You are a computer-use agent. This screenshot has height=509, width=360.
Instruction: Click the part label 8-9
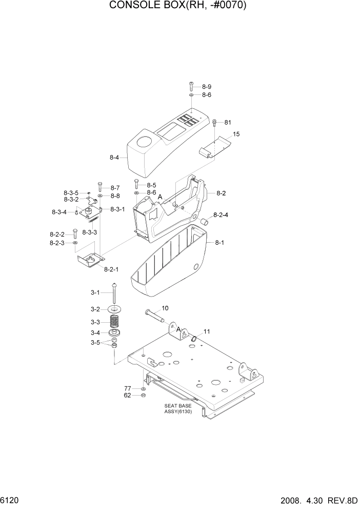[x=206, y=87]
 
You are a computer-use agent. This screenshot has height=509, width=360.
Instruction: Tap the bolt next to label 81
[x=214, y=123]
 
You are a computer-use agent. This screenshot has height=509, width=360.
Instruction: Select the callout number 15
[x=236, y=134]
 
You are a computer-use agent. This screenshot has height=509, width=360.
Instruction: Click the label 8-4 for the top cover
[x=114, y=158]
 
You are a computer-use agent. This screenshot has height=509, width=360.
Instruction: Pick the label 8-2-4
[x=221, y=214]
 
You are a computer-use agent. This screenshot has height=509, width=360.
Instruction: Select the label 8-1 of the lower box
[x=219, y=242]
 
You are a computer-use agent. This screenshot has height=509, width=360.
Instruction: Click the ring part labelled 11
[x=194, y=338]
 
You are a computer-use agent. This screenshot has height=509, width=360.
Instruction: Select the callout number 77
[x=128, y=388]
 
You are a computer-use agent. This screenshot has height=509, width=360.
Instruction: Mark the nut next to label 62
[x=143, y=396]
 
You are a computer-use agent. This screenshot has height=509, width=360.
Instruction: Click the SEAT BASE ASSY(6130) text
[x=178, y=409]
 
